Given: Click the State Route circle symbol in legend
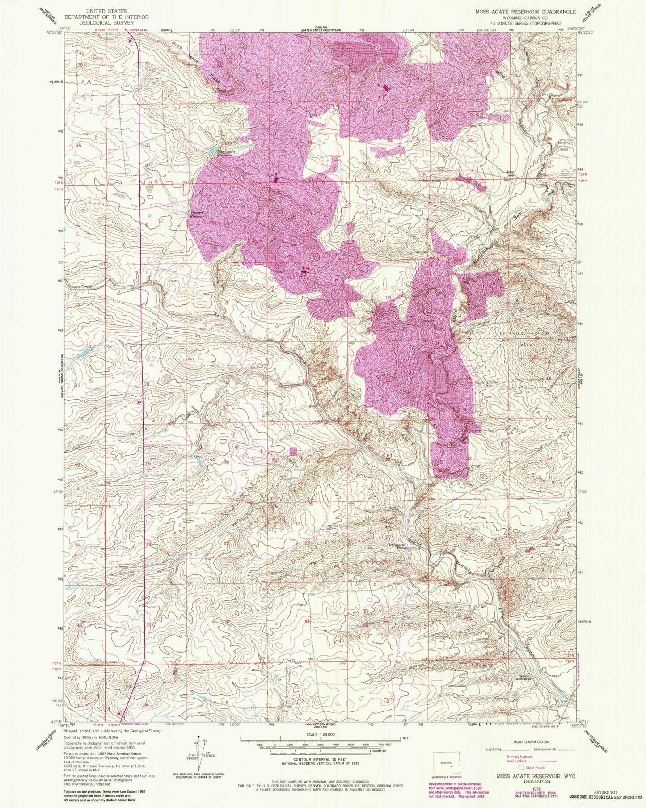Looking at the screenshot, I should [521, 767].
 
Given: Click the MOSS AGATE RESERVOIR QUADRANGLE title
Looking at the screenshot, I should [520, 12].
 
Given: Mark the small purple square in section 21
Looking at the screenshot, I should [293, 451].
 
